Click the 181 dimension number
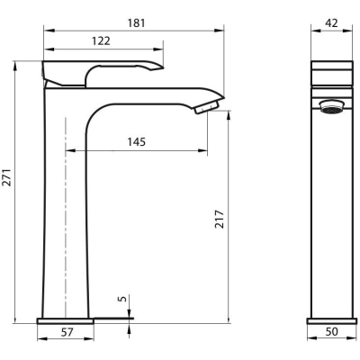tap(137, 23)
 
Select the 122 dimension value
tap(101, 41)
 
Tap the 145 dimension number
tap(137, 142)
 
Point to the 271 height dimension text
tap(7, 177)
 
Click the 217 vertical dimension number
tap(220, 220)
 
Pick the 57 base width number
tap(67, 332)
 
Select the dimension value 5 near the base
tap(122, 299)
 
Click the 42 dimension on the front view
tap(332, 23)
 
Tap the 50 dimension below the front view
tap(331, 332)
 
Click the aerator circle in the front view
tap(331, 106)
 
